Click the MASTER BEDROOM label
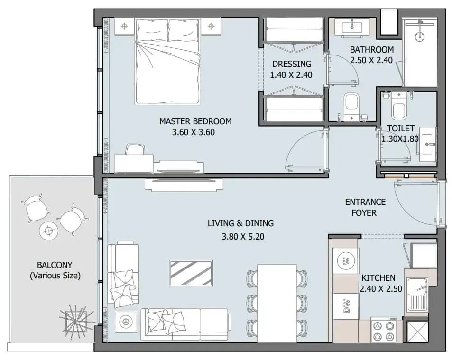[195, 121]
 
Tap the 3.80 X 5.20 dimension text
[243, 237]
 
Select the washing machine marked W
[347, 261]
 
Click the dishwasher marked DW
[347, 306]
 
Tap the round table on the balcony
[49, 231]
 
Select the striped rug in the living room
[191, 273]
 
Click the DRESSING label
[292, 64]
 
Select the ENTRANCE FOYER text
[365, 207]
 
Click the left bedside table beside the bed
[125, 26]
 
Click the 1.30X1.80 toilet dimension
[400, 139]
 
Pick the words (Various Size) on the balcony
[55, 276]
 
